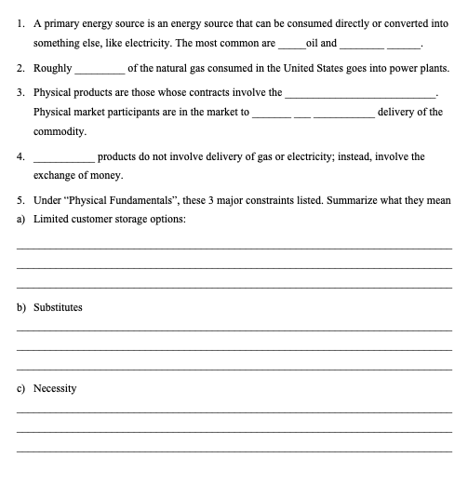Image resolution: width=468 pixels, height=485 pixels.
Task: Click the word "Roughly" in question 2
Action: click(53, 69)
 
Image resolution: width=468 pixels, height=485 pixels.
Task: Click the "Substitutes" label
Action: click(58, 306)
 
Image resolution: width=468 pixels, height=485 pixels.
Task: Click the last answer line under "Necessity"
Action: click(234, 451)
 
